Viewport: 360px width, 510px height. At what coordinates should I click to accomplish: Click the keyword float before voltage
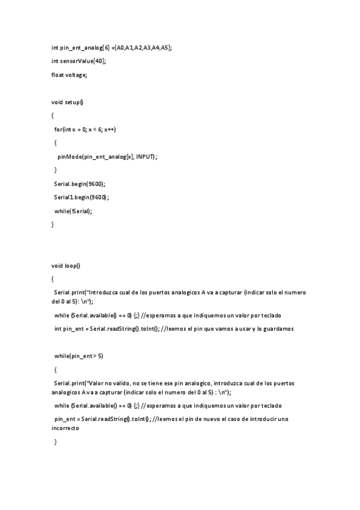[x=57, y=75]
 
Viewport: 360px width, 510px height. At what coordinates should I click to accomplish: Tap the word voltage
[x=76, y=75]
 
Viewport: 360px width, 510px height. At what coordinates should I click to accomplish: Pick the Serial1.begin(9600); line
[x=82, y=197]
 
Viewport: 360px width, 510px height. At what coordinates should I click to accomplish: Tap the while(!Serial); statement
[x=73, y=210]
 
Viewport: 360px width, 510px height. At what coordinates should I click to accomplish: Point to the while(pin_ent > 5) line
[x=79, y=356]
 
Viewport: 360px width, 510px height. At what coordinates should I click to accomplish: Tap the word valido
[x=124, y=383]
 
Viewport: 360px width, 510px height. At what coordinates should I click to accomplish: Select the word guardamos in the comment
[x=280, y=328]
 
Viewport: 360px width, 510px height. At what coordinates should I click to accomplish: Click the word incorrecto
[x=65, y=429]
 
